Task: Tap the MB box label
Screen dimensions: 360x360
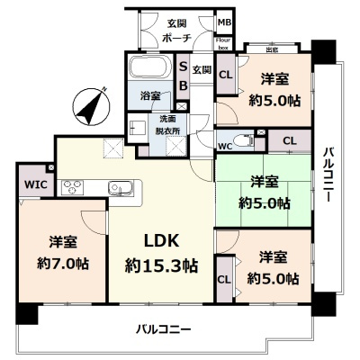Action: click(x=224, y=22)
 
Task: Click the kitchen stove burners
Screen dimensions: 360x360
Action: click(x=71, y=187)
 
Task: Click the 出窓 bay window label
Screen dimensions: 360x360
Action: click(x=272, y=49)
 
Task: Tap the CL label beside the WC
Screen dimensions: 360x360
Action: click(x=290, y=140)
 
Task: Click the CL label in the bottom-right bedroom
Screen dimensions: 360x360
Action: click(x=223, y=279)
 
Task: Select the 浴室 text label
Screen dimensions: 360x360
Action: click(x=149, y=96)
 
